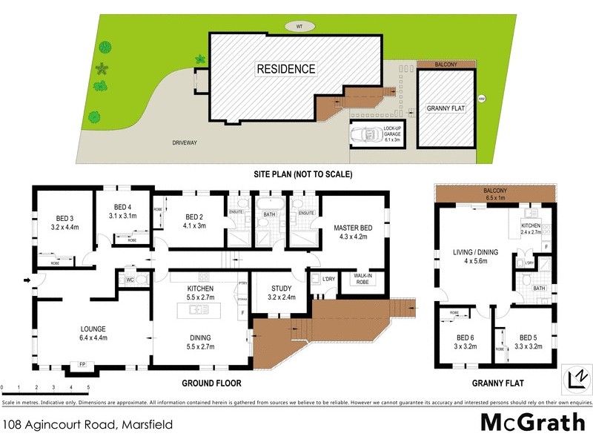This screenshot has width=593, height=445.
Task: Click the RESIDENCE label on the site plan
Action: pos(286,69)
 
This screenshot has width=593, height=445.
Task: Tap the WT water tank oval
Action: pos(300,27)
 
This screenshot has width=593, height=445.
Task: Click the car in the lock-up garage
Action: pos(365,136)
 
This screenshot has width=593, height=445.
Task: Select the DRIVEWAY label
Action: pos(185,142)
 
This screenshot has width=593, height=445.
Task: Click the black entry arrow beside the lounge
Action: pos(27,280)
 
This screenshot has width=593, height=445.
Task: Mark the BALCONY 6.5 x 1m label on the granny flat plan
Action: pos(494,195)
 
